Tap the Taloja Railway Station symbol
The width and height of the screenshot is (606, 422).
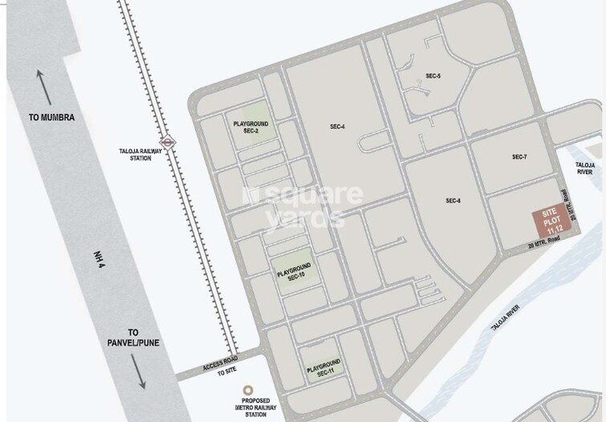[x=168, y=140]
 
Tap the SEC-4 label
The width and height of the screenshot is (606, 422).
[x=337, y=127]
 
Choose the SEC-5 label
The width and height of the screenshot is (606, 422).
[x=433, y=76]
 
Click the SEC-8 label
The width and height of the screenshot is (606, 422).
[x=453, y=201]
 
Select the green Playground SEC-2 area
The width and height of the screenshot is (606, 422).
[x=250, y=127]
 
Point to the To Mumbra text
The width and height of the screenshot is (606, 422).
[x=51, y=117]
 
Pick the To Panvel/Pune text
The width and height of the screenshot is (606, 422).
[x=133, y=337]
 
